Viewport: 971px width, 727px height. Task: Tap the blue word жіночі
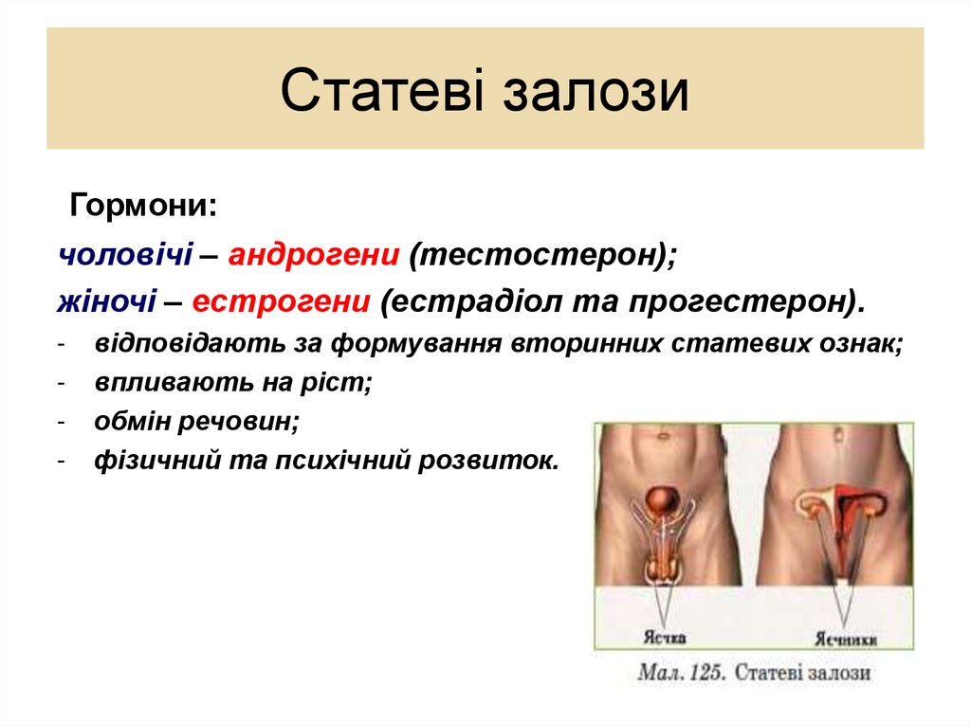pyautogui.click(x=106, y=301)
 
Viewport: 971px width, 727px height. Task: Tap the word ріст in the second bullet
pyautogui.click(x=344, y=383)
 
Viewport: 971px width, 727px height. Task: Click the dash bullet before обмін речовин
pyautogui.click(x=61, y=422)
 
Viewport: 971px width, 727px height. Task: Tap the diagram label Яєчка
pyautogui.click(x=665, y=637)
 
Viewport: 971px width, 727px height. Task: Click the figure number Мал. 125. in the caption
pyautogui.click(x=682, y=673)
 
